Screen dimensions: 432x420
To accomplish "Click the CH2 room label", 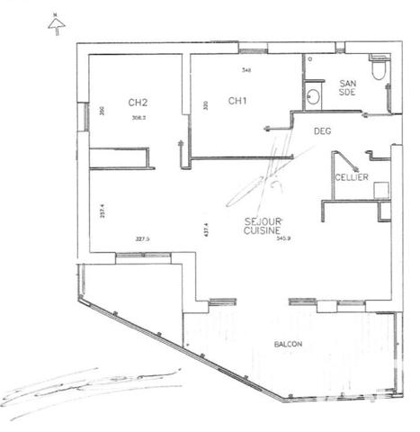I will click(x=139, y=102).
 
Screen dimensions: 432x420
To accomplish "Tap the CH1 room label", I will click(x=237, y=101).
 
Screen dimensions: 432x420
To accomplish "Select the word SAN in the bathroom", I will click(x=347, y=84).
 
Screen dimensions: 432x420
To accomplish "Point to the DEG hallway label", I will click(x=323, y=131).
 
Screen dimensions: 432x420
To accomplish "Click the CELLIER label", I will click(x=351, y=177).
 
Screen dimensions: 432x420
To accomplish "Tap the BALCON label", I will click(x=288, y=345).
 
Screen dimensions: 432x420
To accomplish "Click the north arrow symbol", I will click(x=55, y=24).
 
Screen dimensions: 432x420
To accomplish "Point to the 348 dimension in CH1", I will click(x=246, y=69).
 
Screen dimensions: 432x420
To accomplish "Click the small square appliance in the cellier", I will click(x=381, y=189).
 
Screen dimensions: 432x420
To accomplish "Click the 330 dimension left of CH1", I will click(x=205, y=105).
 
